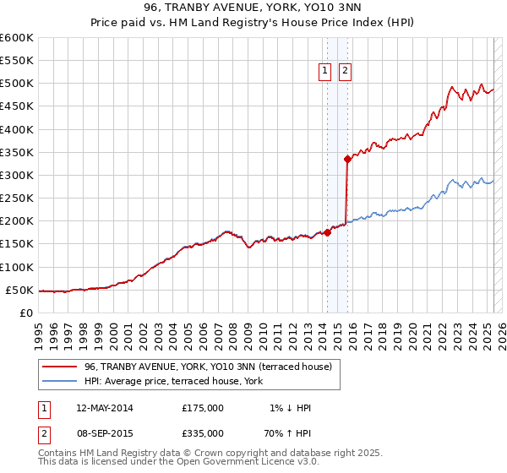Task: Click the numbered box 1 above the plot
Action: click(x=325, y=72)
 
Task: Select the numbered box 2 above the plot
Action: click(x=346, y=72)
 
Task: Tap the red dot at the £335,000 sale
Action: click(x=347, y=159)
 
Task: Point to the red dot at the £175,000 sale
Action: click(x=327, y=232)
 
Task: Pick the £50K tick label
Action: click(x=19, y=290)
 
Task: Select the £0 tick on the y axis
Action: click(x=27, y=313)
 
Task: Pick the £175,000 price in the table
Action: click(x=203, y=408)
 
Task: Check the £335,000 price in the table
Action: click(x=203, y=435)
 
